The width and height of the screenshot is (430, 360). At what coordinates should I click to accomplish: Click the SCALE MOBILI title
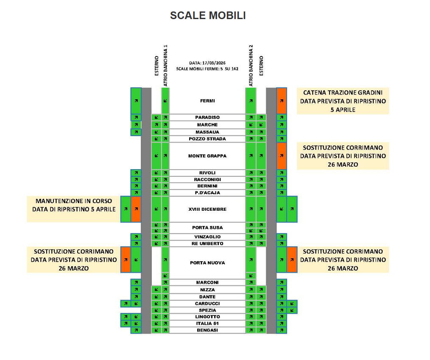(208, 16)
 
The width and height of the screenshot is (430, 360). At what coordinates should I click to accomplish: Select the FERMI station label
(207, 101)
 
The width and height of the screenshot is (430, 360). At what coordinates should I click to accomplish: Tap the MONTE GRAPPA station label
(207, 156)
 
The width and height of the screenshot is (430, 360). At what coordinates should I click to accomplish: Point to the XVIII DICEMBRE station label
(207, 209)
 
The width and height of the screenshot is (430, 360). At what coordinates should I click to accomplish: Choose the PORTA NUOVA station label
(207, 263)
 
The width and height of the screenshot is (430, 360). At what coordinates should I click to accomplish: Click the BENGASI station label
(207, 330)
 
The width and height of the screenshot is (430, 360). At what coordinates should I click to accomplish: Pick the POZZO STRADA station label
(207, 139)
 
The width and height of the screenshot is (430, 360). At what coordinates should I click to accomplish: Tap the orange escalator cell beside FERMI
(282, 101)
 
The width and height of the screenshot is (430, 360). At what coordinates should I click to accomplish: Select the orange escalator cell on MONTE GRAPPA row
(282, 156)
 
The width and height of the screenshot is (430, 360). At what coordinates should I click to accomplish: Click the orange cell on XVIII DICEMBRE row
(136, 209)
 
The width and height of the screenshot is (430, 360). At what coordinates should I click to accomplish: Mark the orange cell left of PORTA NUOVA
(126, 260)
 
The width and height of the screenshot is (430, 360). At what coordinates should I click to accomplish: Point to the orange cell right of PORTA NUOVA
(292, 260)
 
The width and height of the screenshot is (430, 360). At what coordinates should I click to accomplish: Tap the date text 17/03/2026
(208, 63)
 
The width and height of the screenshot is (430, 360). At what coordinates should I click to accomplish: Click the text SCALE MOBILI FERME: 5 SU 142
(207, 68)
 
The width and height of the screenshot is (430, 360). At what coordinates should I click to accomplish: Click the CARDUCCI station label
(207, 304)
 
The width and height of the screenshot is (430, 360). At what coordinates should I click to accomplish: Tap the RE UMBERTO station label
(207, 244)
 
